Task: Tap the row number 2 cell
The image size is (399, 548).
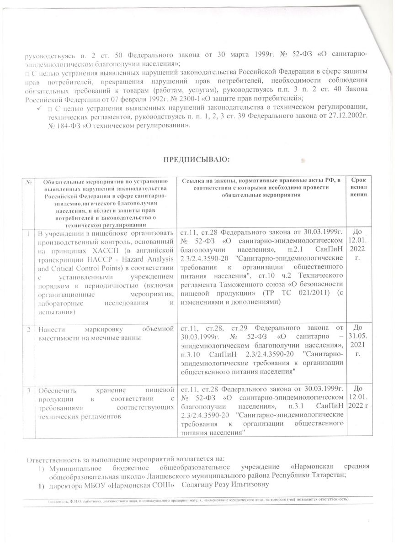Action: coord(30,328)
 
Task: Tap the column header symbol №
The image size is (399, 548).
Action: coord(29,182)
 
